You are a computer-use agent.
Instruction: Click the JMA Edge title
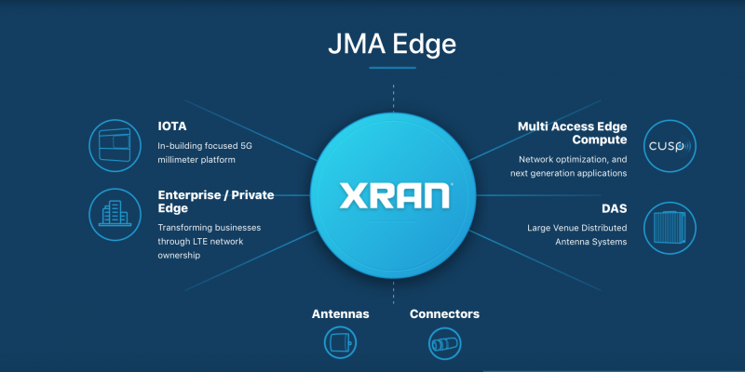(392, 45)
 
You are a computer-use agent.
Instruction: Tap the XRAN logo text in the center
(394, 195)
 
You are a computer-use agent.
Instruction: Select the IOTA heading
(172, 126)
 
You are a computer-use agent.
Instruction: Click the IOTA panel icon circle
(115, 145)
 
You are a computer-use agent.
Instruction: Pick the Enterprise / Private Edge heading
(216, 202)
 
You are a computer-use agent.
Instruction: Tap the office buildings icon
(115, 214)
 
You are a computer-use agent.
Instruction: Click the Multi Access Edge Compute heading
(572, 133)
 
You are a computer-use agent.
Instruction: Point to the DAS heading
(615, 208)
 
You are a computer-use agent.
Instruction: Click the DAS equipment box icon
(670, 228)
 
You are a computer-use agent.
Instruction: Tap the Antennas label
(340, 314)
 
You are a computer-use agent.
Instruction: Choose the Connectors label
(444, 314)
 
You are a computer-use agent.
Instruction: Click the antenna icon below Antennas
(340, 342)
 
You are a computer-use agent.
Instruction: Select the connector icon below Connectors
(445, 343)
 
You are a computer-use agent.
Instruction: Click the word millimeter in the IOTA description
(177, 160)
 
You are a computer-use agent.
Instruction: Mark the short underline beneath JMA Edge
(392, 68)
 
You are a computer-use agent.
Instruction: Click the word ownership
(179, 256)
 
